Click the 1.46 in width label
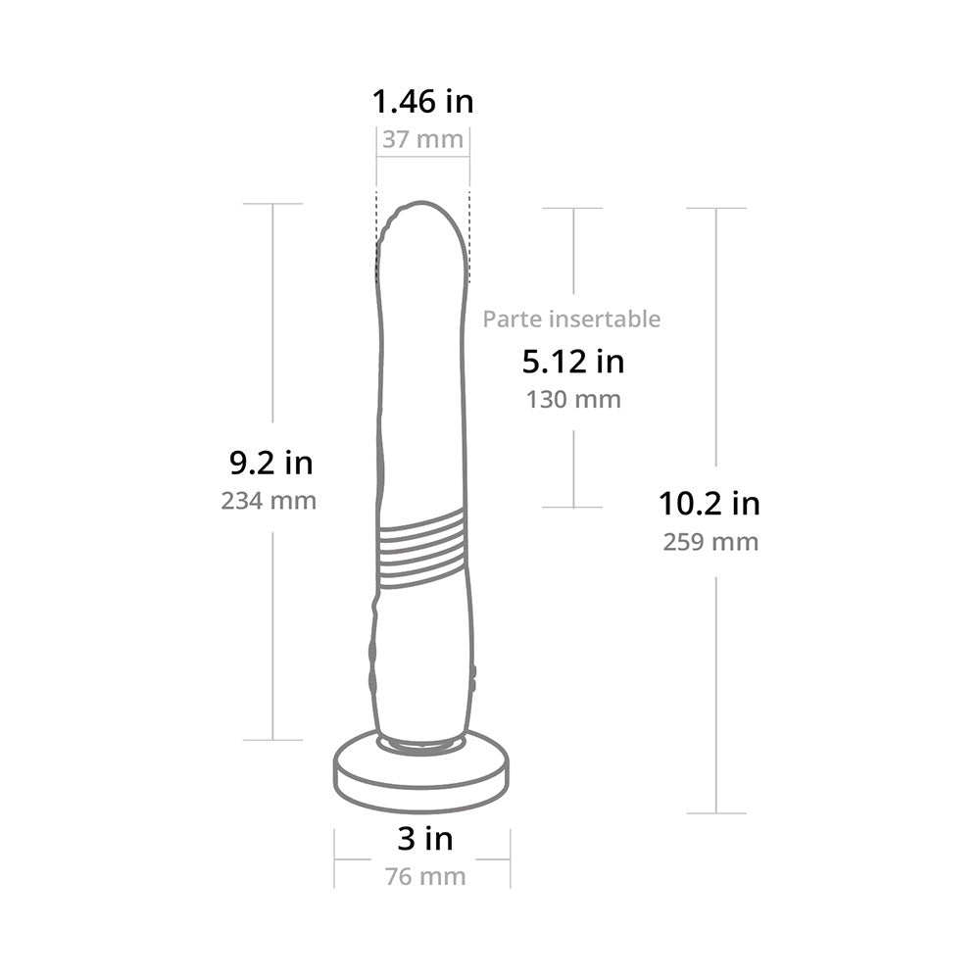[x=422, y=102]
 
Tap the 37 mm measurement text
[x=422, y=139]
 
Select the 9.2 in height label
[x=271, y=464]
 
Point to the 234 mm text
[x=269, y=501]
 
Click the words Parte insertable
[x=571, y=319]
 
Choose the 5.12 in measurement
[x=573, y=362]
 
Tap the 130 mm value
[x=573, y=400]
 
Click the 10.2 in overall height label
[x=710, y=504]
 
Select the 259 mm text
[x=710, y=542]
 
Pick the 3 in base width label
[x=425, y=839]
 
